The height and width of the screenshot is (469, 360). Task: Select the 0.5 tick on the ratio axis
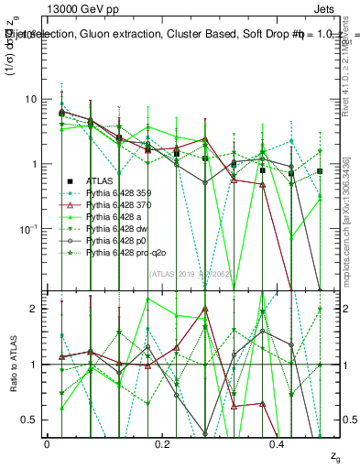[28, 420]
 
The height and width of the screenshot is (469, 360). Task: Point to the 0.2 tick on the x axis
[161, 443]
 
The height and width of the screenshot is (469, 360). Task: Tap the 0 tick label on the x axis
[47, 443]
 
